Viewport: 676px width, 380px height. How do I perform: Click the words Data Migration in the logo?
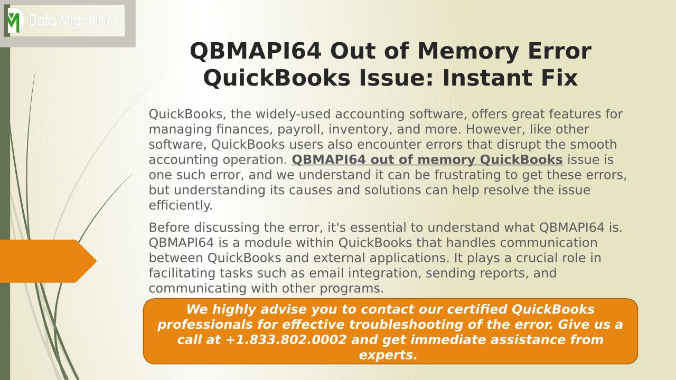71,21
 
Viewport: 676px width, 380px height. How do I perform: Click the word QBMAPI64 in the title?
255,51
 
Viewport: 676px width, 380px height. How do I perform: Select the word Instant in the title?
487,78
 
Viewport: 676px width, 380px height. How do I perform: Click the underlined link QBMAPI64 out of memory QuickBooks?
427,160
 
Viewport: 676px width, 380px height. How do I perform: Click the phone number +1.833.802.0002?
286,340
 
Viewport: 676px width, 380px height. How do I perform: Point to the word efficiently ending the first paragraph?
181,205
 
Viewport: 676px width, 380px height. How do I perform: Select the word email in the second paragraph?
326,273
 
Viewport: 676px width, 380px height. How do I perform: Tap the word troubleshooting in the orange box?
406,325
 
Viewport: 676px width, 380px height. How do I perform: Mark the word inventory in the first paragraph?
360,130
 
